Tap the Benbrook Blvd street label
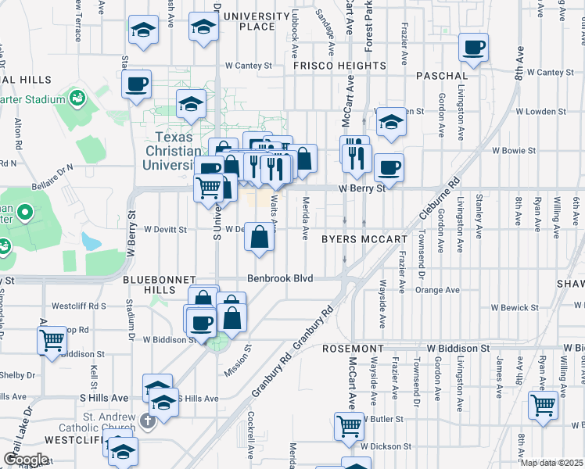[280, 278]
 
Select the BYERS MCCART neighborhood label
[365, 239]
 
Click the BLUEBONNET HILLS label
[153, 284]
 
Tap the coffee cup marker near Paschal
[473, 47]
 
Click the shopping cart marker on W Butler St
[349, 425]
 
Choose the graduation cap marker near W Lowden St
[390, 121]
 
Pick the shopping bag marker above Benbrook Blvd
[260, 235]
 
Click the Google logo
[25, 459]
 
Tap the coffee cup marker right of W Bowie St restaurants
[389, 166]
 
